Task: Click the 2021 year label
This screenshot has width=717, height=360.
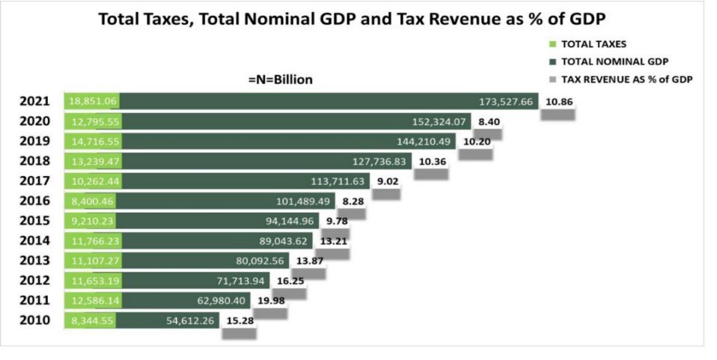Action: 34,101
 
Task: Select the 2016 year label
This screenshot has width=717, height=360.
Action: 34,201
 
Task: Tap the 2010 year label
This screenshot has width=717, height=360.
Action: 34,320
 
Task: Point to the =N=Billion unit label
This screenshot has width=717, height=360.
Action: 280,79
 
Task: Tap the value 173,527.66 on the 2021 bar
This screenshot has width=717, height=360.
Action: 505,101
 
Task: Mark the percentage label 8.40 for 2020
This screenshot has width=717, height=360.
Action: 489,121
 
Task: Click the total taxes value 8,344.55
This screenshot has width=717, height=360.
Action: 91,320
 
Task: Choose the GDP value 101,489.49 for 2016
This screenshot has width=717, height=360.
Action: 302,201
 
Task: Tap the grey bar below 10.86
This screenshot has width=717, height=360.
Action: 558,114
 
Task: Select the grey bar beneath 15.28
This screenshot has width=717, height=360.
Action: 239,333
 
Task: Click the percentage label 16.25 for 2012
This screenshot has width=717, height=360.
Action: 291,280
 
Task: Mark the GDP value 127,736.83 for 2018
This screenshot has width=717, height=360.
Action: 379,161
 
